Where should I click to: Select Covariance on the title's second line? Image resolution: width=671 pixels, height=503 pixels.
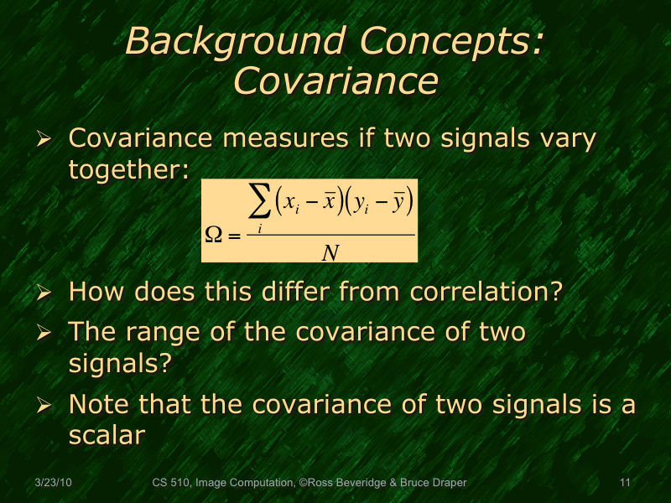[x=335, y=81]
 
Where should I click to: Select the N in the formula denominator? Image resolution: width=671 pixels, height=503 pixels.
[x=330, y=251]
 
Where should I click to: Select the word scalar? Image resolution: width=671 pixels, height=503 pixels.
[x=107, y=435]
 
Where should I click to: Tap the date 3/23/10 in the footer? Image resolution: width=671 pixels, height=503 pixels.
[x=53, y=483]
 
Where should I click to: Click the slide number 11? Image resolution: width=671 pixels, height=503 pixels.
[x=624, y=483]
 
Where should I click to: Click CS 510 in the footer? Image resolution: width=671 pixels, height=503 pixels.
[x=172, y=483]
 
